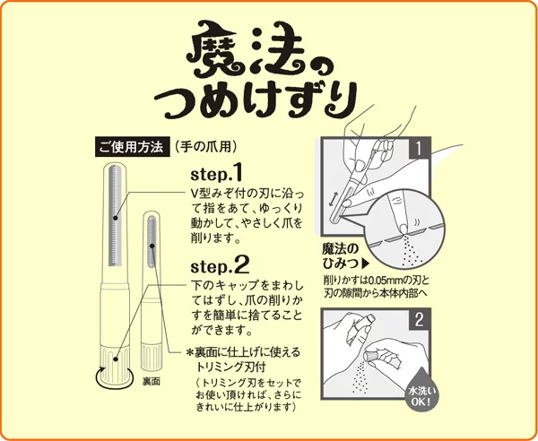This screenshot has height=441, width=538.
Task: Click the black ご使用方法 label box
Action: pos(133,147)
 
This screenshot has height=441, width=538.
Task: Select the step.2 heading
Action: pos(220,265)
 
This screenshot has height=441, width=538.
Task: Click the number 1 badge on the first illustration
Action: pos(419,148)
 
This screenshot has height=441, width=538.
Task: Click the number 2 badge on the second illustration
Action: pos(419,319)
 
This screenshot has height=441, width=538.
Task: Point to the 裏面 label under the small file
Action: pos(152,382)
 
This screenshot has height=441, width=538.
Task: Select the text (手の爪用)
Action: pos(205,147)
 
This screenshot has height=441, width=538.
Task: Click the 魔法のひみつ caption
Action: pos(341,256)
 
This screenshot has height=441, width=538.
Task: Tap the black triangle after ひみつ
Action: pos(366,264)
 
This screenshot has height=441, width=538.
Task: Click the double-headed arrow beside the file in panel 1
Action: pos(332,199)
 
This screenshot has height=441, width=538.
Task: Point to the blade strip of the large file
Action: pos(116,216)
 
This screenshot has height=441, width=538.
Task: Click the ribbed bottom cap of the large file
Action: pos(115,363)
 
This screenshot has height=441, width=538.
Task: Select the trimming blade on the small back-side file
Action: pos(152,242)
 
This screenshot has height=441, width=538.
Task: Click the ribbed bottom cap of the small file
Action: pos(152,358)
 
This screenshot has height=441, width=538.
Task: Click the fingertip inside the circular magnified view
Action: pos(399,212)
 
